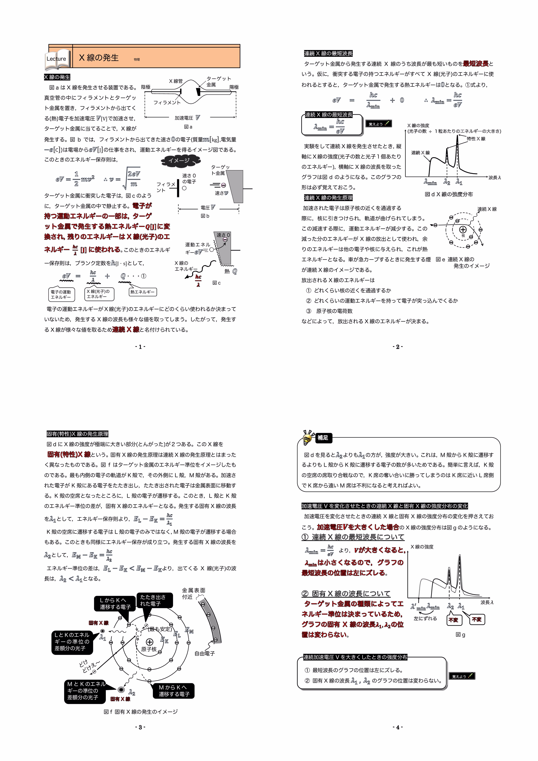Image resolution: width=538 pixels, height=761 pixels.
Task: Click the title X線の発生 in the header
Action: tap(99, 58)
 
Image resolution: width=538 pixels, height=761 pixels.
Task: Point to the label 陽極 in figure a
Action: tap(234, 87)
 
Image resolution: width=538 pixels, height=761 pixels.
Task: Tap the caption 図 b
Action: tap(205, 216)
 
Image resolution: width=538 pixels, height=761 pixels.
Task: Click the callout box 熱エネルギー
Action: tap(142, 292)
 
